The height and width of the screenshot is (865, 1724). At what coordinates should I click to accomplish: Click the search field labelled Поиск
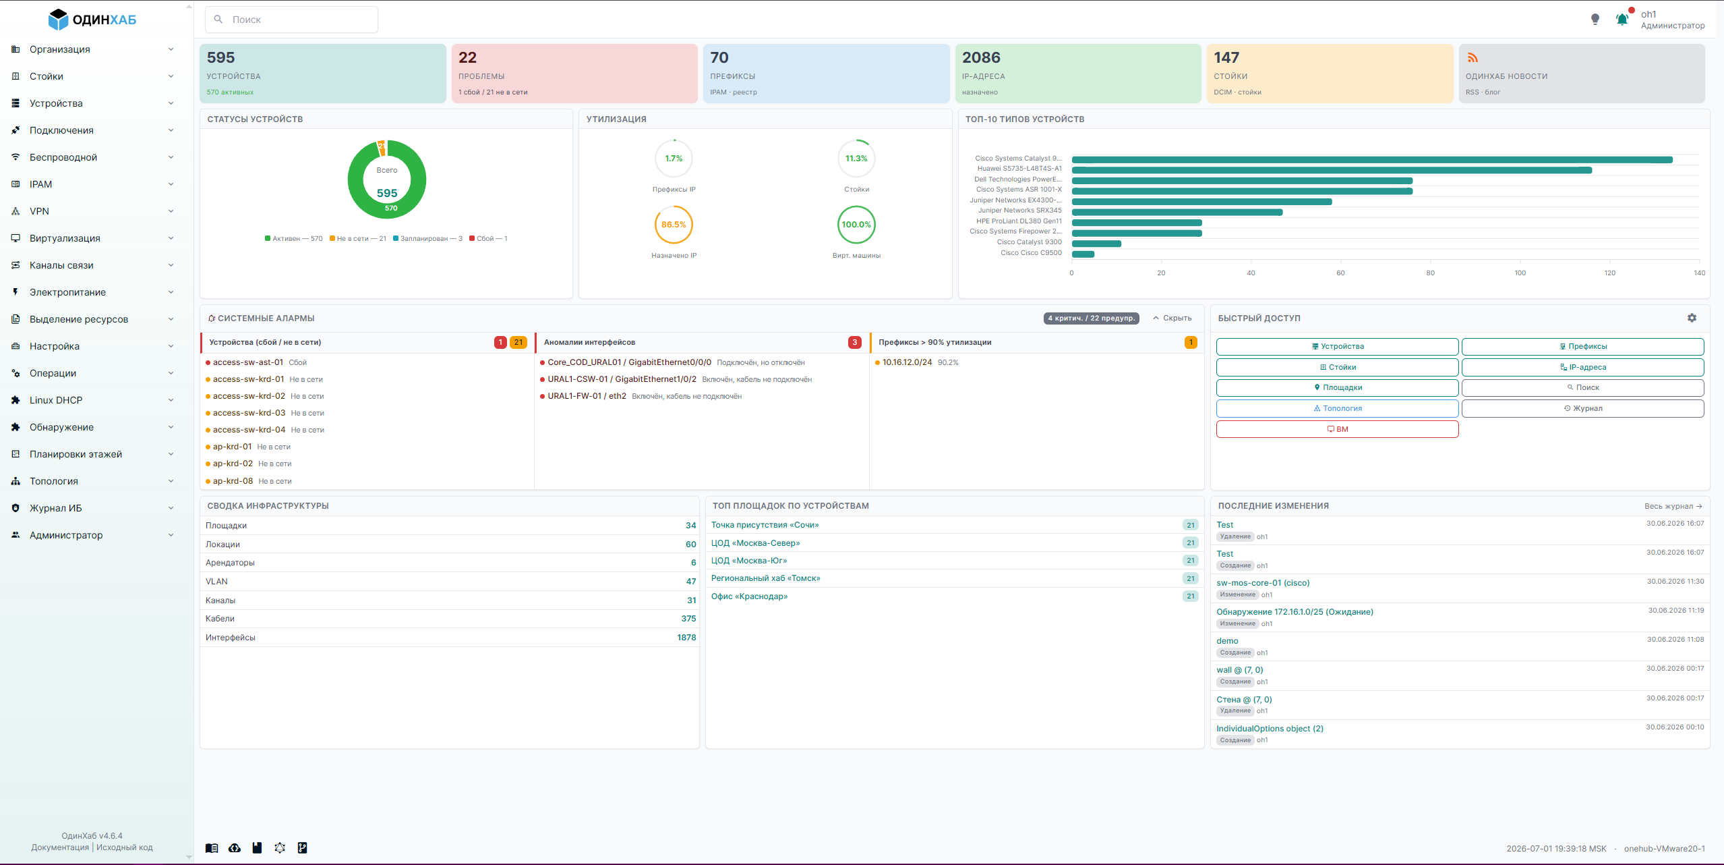(291, 20)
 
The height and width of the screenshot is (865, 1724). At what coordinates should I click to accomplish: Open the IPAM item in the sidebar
(40, 184)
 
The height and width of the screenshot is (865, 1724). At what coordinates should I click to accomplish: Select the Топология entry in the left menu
(54, 481)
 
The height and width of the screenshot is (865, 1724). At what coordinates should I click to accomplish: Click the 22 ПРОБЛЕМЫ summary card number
(467, 58)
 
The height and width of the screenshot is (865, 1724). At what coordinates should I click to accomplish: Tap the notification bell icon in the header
(1622, 20)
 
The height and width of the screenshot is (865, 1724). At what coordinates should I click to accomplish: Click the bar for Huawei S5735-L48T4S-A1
(1332, 170)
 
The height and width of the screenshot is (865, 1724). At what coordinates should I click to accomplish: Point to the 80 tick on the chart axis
(1430, 273)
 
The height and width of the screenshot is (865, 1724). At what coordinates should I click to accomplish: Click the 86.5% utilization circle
(674, 225)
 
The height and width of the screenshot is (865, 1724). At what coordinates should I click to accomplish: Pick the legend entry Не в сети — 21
(358, 239)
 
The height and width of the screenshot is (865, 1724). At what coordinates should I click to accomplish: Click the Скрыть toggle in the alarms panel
(1172, 318)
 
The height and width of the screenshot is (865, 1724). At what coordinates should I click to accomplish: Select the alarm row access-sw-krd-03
(249, 413)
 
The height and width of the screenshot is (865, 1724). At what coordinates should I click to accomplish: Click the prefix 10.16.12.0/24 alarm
(907, 362)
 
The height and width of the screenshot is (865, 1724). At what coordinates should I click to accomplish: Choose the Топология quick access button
(1338, 408)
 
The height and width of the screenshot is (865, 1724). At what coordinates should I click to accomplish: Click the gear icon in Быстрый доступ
(1692, 318)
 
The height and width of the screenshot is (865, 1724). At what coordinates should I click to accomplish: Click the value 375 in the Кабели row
(688, 619)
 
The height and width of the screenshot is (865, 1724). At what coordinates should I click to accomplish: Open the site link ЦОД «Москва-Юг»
(749, 561)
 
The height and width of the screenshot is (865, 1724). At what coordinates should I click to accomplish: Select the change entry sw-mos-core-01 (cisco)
(1263, 583)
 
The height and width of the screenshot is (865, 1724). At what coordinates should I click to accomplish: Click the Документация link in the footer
(60, 847)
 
